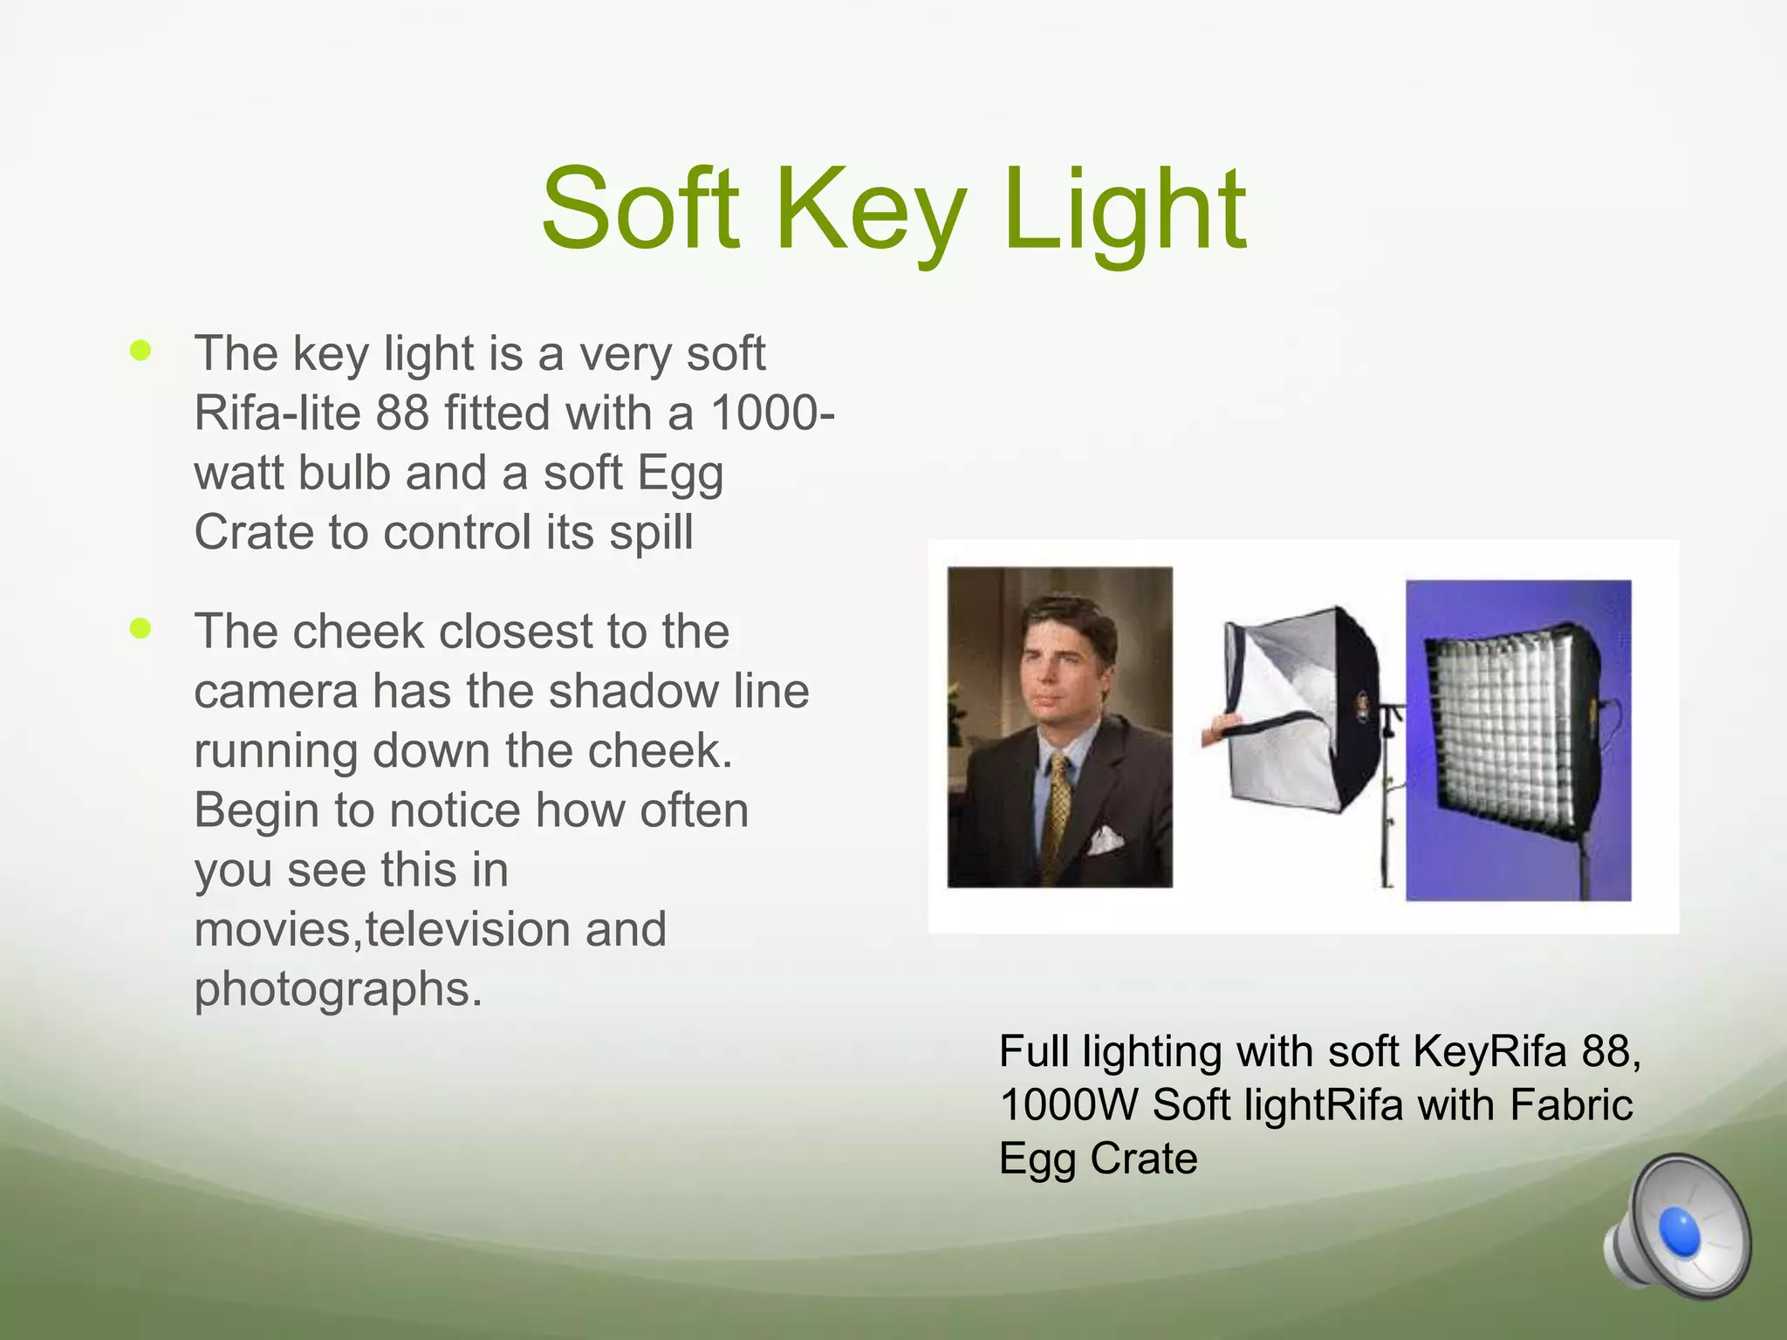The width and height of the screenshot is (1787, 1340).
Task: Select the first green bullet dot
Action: pyautogui.click(x=140, y=351)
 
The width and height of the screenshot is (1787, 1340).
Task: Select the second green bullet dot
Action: pyautogui.click(x=140, y=628)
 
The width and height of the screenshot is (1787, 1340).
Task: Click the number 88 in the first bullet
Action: pyautogui.click(x=402, y=413)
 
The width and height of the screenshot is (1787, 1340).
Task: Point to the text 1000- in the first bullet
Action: pyautogui.click(x=772, y=413)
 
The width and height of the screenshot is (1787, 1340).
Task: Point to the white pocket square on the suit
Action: pyautogui.click(x=1105, y=839)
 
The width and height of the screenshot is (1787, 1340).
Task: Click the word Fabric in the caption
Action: pyautogui.click(x=1571, y=1105)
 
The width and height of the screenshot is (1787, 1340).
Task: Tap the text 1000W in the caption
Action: pyautogui.click(x=1068, y=1105)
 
